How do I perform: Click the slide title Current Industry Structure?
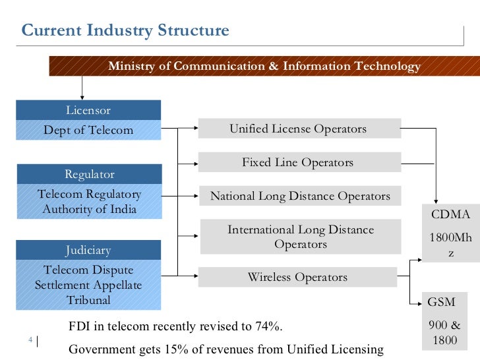[125, 30]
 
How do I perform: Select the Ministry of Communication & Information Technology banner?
[264, 67]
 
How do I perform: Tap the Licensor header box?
[88, 110]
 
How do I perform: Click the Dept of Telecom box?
[88, 130]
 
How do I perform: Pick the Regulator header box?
[88, 175]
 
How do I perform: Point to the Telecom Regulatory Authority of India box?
[88, 202]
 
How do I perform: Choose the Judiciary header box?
[88, 250]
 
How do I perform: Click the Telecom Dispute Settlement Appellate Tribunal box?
[88, 285]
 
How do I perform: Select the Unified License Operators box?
[299, 129]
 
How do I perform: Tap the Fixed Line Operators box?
[299, 162]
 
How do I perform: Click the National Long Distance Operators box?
[299, 196]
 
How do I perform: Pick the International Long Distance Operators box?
[300, 237]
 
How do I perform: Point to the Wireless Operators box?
[297, 277]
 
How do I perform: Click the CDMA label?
[450, 214]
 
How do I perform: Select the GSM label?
[441, 302]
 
